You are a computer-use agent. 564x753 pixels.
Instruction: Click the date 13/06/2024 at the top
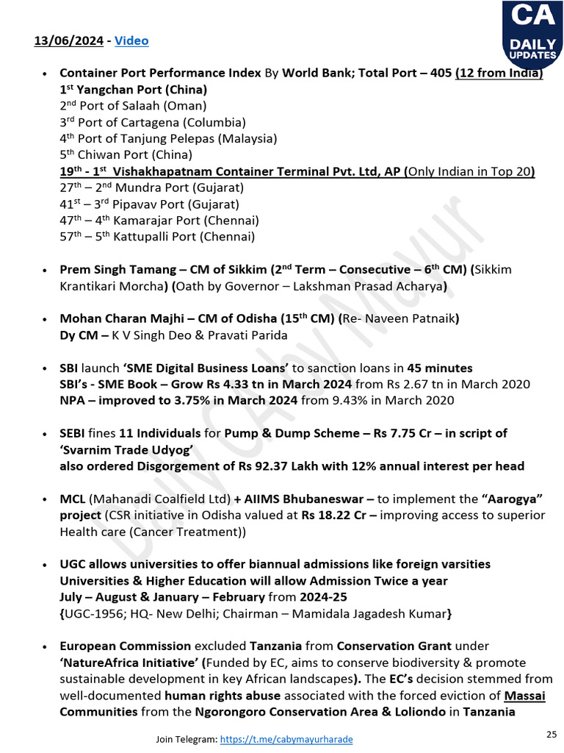68,40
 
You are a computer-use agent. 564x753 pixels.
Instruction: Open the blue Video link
131,40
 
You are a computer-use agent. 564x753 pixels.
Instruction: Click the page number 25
552,734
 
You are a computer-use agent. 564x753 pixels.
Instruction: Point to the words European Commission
125,646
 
